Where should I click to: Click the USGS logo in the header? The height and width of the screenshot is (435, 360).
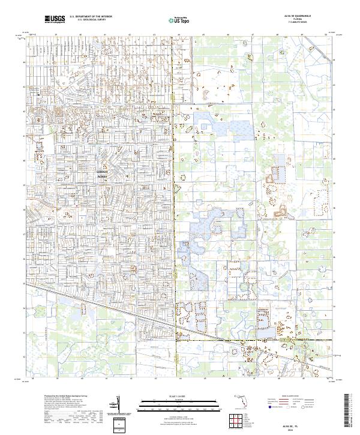[x=55, y=20]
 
